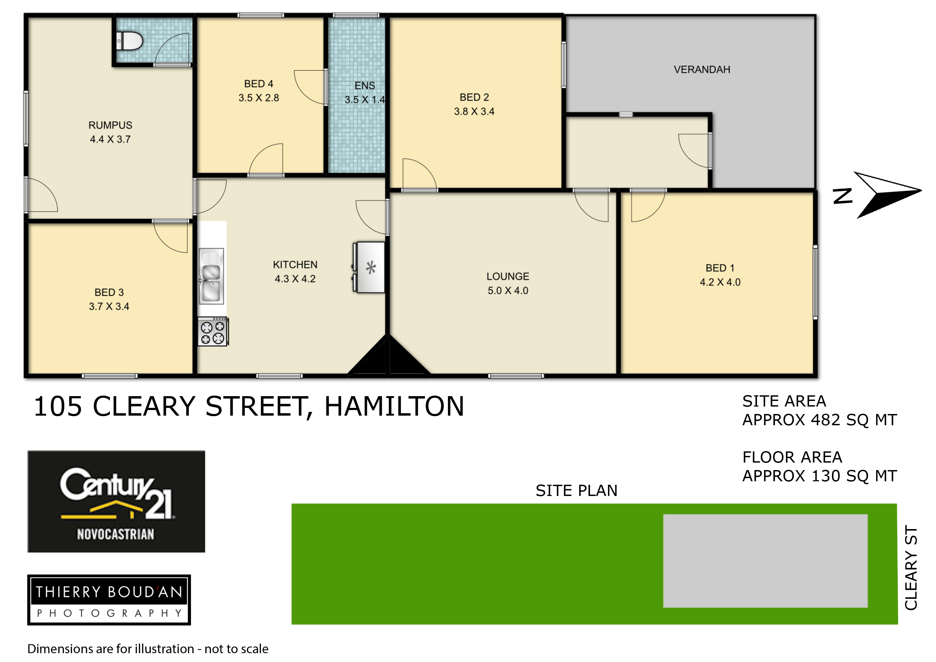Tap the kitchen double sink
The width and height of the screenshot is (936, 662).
[x=211, y=276]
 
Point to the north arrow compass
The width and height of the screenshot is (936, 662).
[x=876, y=195]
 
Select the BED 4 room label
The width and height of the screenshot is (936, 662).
[x=259, y=84]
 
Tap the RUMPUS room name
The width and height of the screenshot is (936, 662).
[x=110, y=125]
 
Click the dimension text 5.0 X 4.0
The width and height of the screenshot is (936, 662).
[x=508, y=291]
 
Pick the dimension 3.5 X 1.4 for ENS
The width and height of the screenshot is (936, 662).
[x=364, y=100]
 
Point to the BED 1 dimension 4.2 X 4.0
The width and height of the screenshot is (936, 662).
[x=720, y=282]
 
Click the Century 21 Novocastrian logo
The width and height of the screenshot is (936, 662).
[x=116, y=501]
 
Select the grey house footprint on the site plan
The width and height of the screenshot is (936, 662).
[x=765, y=561]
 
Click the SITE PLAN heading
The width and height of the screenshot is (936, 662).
[x=576, y=491]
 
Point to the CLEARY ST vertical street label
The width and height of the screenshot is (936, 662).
[x=911, y=567]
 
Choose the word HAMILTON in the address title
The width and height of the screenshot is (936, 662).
[x=394, y=406]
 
